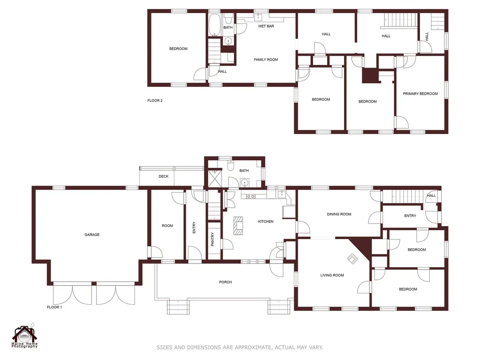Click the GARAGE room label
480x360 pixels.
92,235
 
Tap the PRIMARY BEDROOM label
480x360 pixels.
420,94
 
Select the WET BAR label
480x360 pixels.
266,26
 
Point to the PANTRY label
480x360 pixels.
212,239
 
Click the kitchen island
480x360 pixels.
238,225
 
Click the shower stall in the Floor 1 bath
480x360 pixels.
215,178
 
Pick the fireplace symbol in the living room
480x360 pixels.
352,259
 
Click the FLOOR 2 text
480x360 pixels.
155,100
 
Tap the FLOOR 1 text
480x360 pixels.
54,307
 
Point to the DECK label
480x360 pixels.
164,176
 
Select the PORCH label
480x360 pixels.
225,282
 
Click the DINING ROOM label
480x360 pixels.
339,214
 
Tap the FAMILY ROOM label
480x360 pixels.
266,60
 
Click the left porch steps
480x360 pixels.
178,307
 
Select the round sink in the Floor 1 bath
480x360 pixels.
244,183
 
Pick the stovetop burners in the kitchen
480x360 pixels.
251,196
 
